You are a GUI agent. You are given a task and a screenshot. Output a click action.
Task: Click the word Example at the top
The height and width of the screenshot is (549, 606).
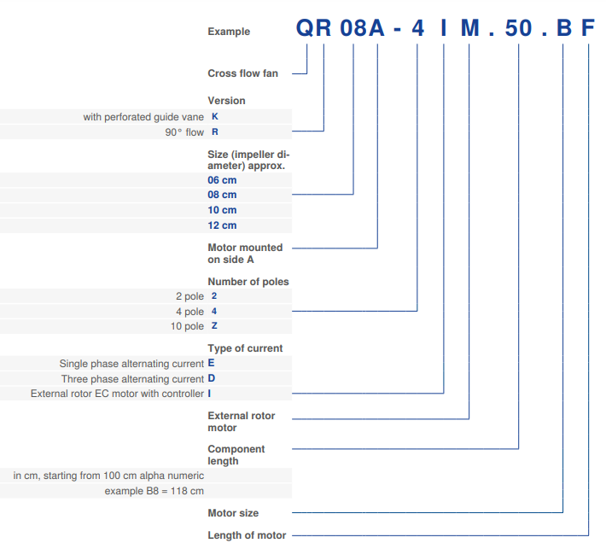point(229,32)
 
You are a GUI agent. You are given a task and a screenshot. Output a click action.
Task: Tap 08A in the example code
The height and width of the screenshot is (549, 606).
point(363,29)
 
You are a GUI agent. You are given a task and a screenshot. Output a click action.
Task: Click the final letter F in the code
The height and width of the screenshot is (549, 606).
point(589,29)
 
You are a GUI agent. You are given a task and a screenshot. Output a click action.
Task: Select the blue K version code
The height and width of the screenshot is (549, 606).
point(214,117)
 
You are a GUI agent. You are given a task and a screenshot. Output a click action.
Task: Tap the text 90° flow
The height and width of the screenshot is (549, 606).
point(184,132)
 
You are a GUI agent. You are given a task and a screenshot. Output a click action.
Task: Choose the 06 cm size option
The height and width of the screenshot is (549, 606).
point(222,180)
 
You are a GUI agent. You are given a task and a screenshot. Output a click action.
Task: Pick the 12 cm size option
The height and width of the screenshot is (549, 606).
point(222,225)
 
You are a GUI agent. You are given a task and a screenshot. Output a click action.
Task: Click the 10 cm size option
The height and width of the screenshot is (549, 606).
point(222,210)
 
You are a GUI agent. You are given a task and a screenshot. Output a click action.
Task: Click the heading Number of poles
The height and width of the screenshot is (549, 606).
point(248,282)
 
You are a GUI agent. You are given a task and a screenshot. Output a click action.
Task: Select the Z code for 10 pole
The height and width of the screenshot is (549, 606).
point(214,326)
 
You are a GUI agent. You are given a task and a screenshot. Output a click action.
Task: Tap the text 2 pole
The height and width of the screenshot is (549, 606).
point(189,295)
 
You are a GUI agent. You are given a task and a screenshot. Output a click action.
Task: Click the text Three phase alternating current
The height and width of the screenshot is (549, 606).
point(132,379)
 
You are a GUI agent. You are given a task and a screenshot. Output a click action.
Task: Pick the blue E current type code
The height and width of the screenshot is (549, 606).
point(212,364)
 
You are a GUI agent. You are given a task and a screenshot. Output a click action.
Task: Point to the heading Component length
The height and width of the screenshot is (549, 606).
point(236,455)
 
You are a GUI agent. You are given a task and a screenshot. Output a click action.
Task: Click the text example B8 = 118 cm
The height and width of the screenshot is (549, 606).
point(154,491)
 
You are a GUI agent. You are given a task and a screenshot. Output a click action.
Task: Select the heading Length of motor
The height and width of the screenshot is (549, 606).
point(247,535)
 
